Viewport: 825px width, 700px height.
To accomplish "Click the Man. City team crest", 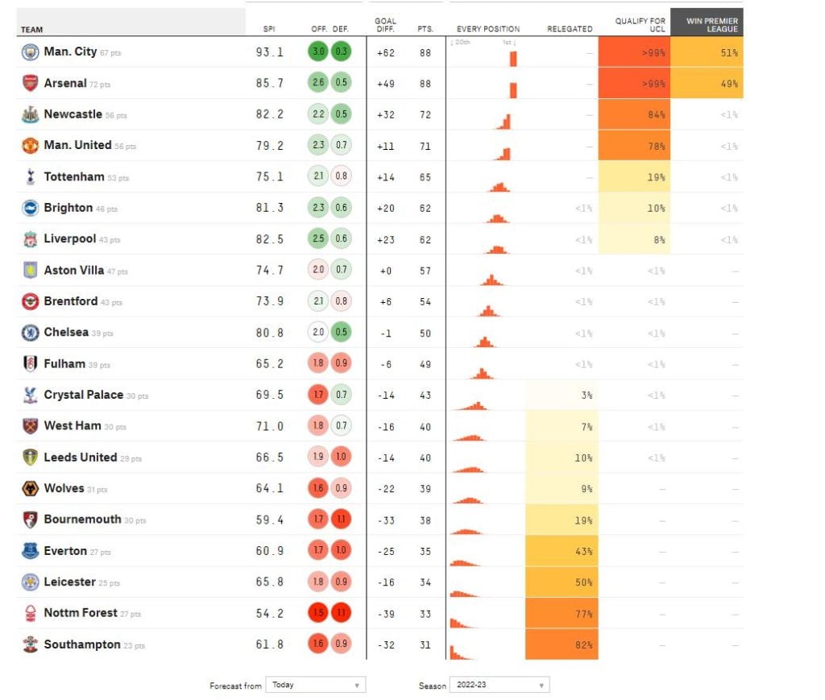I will tap(30, 52).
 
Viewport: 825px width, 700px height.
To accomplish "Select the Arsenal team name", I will tap(65, 83).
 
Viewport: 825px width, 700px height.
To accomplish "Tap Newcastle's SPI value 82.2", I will tap(270, 114).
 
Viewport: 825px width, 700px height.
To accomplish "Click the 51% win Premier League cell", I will tap(706, 52).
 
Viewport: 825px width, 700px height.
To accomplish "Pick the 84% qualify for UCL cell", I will tap(634, 114).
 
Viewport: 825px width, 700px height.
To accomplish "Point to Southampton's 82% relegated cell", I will tap(562, 644).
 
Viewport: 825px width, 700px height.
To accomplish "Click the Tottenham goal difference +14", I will tap(386, 177).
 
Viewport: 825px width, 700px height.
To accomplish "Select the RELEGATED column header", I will tap(570, 29).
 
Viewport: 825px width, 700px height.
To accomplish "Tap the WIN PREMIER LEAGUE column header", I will tap(707, 25).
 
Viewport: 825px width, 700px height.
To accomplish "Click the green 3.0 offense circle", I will tap(318, 52).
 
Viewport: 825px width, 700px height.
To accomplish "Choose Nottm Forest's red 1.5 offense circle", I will tap(318, 613).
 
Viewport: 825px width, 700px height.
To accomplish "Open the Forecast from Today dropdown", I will tap(315, 685).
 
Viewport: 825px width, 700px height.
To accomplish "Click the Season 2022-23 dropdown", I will tap(499, 685).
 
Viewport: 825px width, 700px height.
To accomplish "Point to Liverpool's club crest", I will tap(30, 239).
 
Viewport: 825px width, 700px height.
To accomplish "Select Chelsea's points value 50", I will tap(425, 333).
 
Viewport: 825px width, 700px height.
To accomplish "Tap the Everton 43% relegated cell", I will tap(562, 551).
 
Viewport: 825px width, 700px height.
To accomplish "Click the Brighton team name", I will tap(68, 208).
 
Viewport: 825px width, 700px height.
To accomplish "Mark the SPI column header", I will tap(269, 29).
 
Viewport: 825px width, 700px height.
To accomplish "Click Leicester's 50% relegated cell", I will tap(562, 582).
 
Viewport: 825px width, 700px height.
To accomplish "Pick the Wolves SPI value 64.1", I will tap(270, 488).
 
